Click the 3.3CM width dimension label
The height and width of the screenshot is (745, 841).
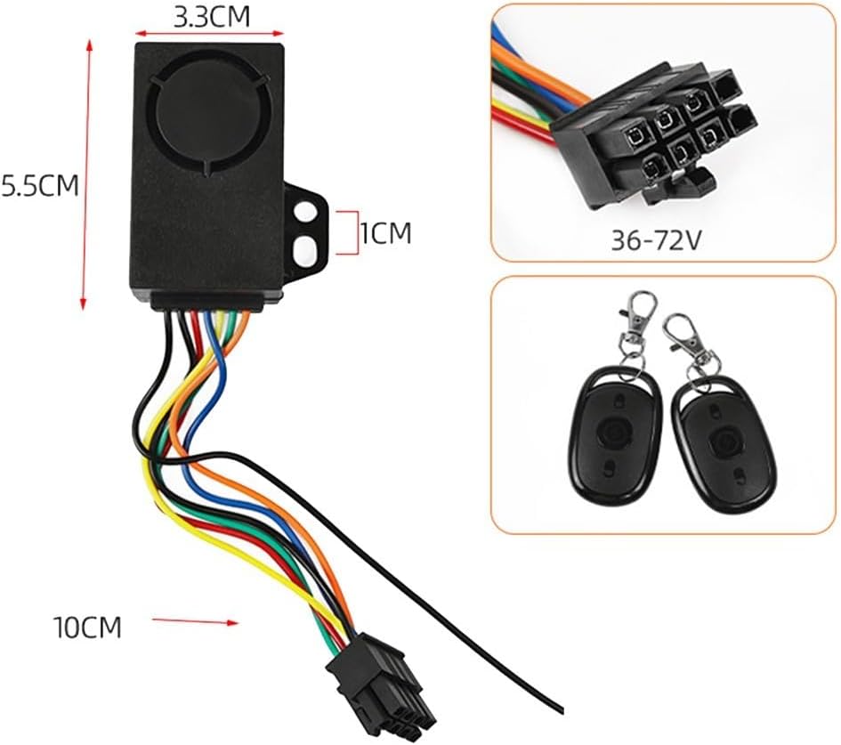click(212, 17)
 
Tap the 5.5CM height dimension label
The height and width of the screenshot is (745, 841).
click(40, 185)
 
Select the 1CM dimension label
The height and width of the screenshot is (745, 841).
click(385, 233)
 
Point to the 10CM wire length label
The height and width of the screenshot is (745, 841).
click(87, 627)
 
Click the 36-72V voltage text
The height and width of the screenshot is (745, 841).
click(656, 241)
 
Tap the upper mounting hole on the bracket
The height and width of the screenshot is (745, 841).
click(305, 211)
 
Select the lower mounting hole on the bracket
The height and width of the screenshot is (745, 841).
click(305, 250)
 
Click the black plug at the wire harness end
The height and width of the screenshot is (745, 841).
click(381, 689)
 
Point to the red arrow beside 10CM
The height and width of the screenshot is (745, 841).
click(195, 621)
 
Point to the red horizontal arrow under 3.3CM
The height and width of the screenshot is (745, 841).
click(209, 33)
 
